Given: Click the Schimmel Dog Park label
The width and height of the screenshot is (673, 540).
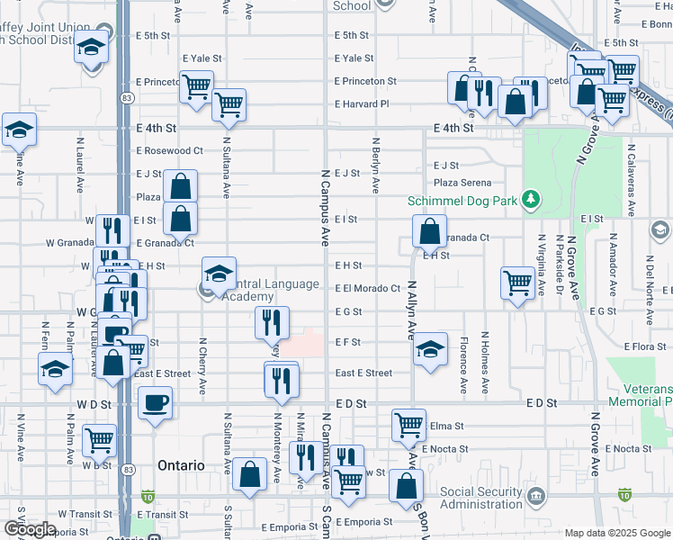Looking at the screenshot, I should coord(462,201).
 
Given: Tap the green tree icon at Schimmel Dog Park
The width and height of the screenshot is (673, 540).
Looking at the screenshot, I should coord(532,198).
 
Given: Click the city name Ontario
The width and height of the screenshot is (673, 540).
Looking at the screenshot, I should coord(181,465).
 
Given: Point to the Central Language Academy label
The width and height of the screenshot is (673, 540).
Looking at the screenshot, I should coord(265,290).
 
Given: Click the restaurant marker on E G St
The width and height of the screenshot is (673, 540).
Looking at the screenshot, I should coord(272,322).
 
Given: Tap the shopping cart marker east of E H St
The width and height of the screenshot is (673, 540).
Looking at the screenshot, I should coord(518,283).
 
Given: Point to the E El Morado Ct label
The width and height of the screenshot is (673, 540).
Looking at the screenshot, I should coord(367,289).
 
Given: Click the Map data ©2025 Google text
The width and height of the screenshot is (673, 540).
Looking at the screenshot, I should coord(617,533).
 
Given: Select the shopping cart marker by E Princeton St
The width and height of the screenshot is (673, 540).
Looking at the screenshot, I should coord(196,86).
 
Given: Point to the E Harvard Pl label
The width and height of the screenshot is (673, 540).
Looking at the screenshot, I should coord(362,104).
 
